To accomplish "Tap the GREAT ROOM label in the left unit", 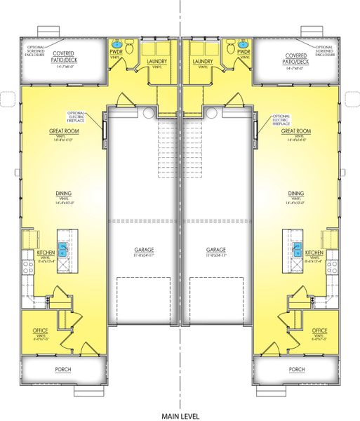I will pos(62,131).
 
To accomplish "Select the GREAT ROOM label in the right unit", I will pos(295,131).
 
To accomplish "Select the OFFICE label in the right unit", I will pos(319,330).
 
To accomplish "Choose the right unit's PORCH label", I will pos(297,368).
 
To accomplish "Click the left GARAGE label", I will pos(145,250).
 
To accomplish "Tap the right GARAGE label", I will pos(215,250).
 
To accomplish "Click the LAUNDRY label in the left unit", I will pos(156,62).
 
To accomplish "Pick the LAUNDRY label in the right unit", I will pos(203,62).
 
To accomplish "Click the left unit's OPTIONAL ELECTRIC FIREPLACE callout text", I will pos(76,116).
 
